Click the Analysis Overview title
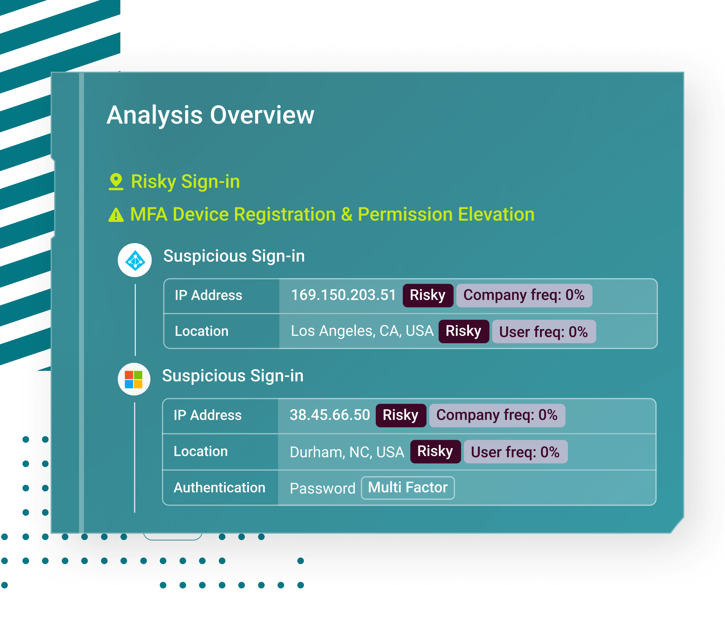coord(210,115)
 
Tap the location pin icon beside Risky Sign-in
coord(116,182)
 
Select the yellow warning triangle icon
coord(116,215)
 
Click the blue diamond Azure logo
coord(135,260)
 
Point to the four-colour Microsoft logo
coord(134,379)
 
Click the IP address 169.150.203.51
coord(343,295)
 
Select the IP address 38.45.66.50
coord(329,415)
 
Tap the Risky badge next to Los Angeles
coord(463,331)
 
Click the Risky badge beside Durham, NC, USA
coord(435,451)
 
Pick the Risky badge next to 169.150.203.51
coord(428,295)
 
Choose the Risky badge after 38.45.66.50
coord(401,415)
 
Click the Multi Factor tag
coord(408,488)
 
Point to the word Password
coord(322,488)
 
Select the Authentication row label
coord(220,488)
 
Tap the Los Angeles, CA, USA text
coord(362,331)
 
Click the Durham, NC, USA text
coord(347,452)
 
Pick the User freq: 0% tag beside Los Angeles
coord(544,332)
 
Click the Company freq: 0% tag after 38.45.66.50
coord(497,415)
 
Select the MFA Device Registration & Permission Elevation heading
coord(332,214)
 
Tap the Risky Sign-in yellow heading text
coord(186,182)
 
